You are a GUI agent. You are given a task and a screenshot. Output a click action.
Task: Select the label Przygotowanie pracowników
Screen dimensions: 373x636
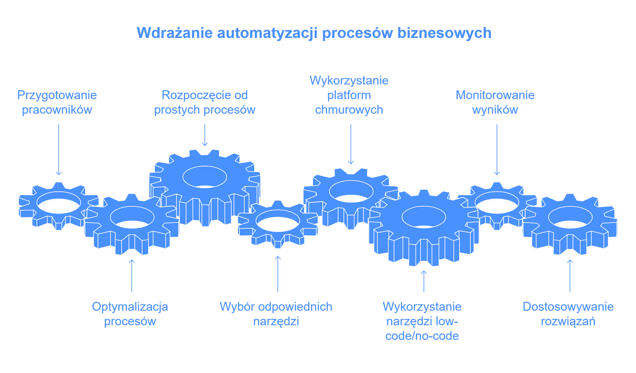pos(57,102)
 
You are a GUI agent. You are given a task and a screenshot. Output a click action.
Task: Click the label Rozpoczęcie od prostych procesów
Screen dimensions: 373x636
pos(204,102)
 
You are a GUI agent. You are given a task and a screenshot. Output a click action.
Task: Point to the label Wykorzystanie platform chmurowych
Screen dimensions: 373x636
pos(349,95)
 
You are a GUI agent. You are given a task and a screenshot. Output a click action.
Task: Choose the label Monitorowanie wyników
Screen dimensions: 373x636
pos(495,102)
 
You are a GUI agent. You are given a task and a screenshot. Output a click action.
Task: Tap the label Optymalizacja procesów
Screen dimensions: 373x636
pos(130,314)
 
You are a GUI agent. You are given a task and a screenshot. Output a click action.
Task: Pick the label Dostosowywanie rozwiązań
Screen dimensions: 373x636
pos(568,314)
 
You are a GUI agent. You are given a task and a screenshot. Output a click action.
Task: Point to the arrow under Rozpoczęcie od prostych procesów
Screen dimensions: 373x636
pos(205,135)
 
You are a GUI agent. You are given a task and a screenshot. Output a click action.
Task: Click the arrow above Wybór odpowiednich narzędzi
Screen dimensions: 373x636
pos(278,274)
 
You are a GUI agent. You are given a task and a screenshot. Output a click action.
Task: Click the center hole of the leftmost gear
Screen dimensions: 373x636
pos(59,205)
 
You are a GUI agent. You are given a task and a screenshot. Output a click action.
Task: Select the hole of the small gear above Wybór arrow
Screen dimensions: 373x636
pos(278,224)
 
